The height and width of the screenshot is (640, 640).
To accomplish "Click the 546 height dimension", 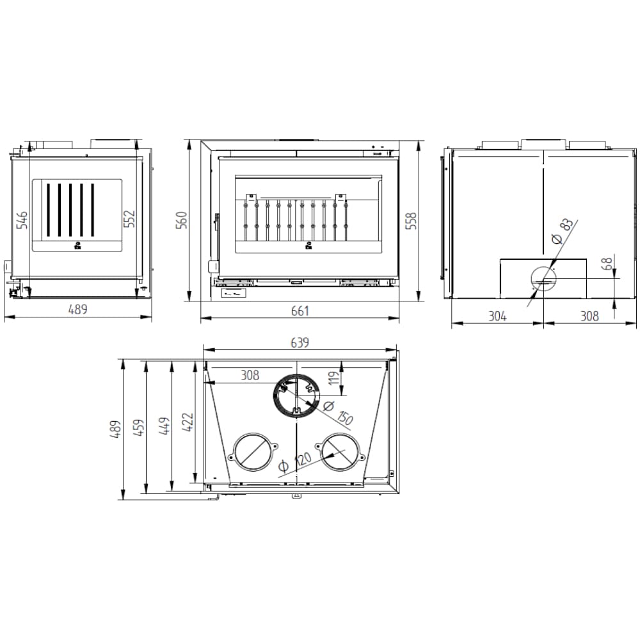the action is (22, 220).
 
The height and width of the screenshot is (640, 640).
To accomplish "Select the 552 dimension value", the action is (129, 219).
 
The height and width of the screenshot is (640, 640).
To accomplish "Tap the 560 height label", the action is (181, 220).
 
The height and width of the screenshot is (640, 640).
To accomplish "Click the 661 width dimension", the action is (300, 311).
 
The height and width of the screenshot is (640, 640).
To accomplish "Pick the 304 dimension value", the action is (497, 316).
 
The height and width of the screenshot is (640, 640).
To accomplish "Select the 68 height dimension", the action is (607, 264).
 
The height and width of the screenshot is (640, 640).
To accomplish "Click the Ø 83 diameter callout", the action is (563, 231).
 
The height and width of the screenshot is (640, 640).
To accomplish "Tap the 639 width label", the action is (300, 342).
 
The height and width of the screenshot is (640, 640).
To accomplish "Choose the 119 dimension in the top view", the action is (334, 378).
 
